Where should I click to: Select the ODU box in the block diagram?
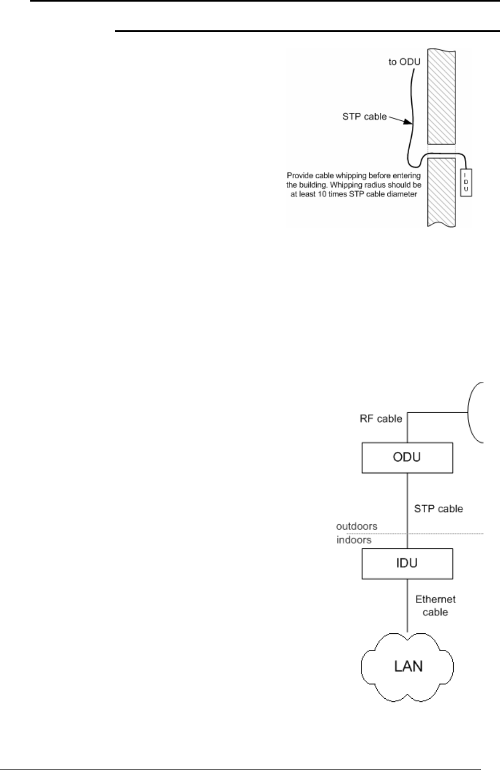[x=407, y=457]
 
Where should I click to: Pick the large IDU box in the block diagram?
[x=407, y=563]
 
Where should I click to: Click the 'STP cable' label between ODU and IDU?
[x=438, y=509]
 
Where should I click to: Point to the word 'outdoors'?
[x=357, y=526]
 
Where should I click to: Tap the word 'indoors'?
[x=353, y=540]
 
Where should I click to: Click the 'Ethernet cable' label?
[x=435, y=605]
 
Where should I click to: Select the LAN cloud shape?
[x=407, y=666]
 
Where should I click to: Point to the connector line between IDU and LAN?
[x=408, y=606]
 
